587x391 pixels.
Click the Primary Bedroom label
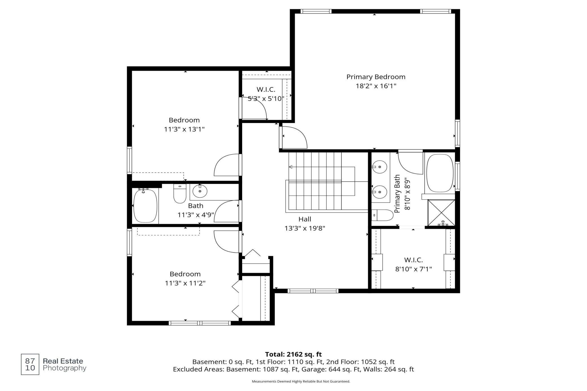point(376,77)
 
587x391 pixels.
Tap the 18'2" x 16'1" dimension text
point(376,86)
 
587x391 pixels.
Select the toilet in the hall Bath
point(180,193)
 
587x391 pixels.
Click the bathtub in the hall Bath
point(145,206)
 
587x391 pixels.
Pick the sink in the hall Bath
point(200,191)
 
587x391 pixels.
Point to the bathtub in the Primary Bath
point(440,173)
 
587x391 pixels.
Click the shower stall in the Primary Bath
point(441,213)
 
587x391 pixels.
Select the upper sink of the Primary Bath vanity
point(380,167)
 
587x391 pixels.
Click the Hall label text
point(305,219)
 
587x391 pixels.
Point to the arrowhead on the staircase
point(291,167)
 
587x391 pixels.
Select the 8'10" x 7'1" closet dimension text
point(413,269)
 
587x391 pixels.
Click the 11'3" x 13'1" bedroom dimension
point(184,129)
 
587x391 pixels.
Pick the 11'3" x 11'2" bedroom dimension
point(185,283)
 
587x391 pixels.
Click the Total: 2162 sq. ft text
point(293,354)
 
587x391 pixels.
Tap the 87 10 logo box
point(30,364)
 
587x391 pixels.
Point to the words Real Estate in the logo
point(63,361)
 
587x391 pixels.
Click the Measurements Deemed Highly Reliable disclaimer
point(301,381)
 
